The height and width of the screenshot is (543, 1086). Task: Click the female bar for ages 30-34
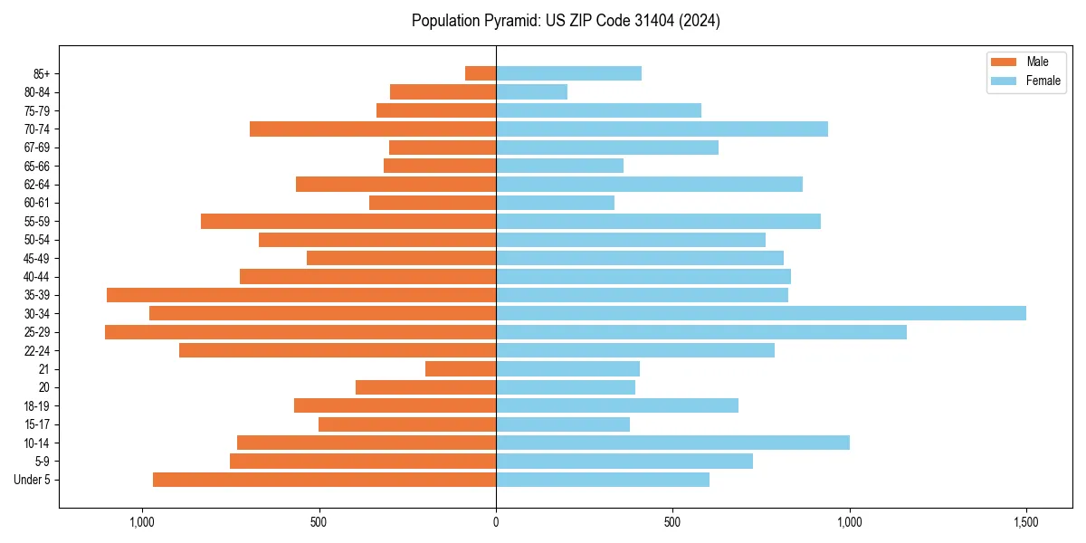point(760,313)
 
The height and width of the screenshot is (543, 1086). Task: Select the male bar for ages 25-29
point(300,332)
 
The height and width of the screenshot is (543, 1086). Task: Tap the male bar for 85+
point(481,73)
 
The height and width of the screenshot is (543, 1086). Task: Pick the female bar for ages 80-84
point(531,92)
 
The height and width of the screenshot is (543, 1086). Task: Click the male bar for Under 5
point(324,480)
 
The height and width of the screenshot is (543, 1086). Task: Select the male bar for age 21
point(461,369)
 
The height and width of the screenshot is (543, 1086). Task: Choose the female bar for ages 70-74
point(662,129)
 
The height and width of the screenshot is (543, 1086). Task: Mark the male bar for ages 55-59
point(348,222)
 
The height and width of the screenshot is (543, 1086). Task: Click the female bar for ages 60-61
point(555,203)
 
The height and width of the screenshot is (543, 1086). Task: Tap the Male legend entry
point(1024,62)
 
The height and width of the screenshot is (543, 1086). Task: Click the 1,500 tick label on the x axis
point(1025,522)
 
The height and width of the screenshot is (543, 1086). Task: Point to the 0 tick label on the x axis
point(496,522)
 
